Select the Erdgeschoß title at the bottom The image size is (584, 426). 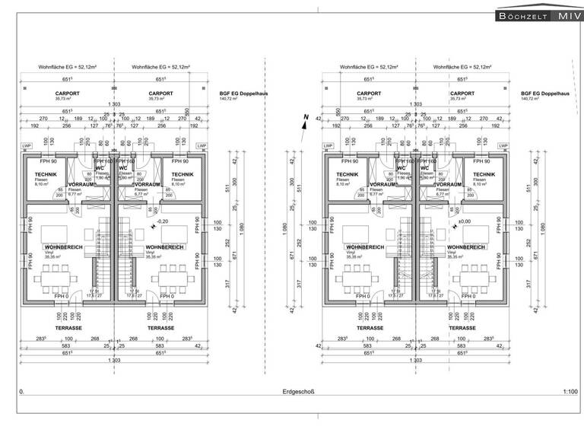(293, 392)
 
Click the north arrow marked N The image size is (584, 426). (304, 122)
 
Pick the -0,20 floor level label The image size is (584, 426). (161, 221)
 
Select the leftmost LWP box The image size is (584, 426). (26, 146)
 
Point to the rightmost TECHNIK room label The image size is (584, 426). (484, 174)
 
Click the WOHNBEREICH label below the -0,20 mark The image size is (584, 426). (161, 248)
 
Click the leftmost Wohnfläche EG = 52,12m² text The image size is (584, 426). (64, 67)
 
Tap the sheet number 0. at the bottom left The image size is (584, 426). (21, 392)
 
